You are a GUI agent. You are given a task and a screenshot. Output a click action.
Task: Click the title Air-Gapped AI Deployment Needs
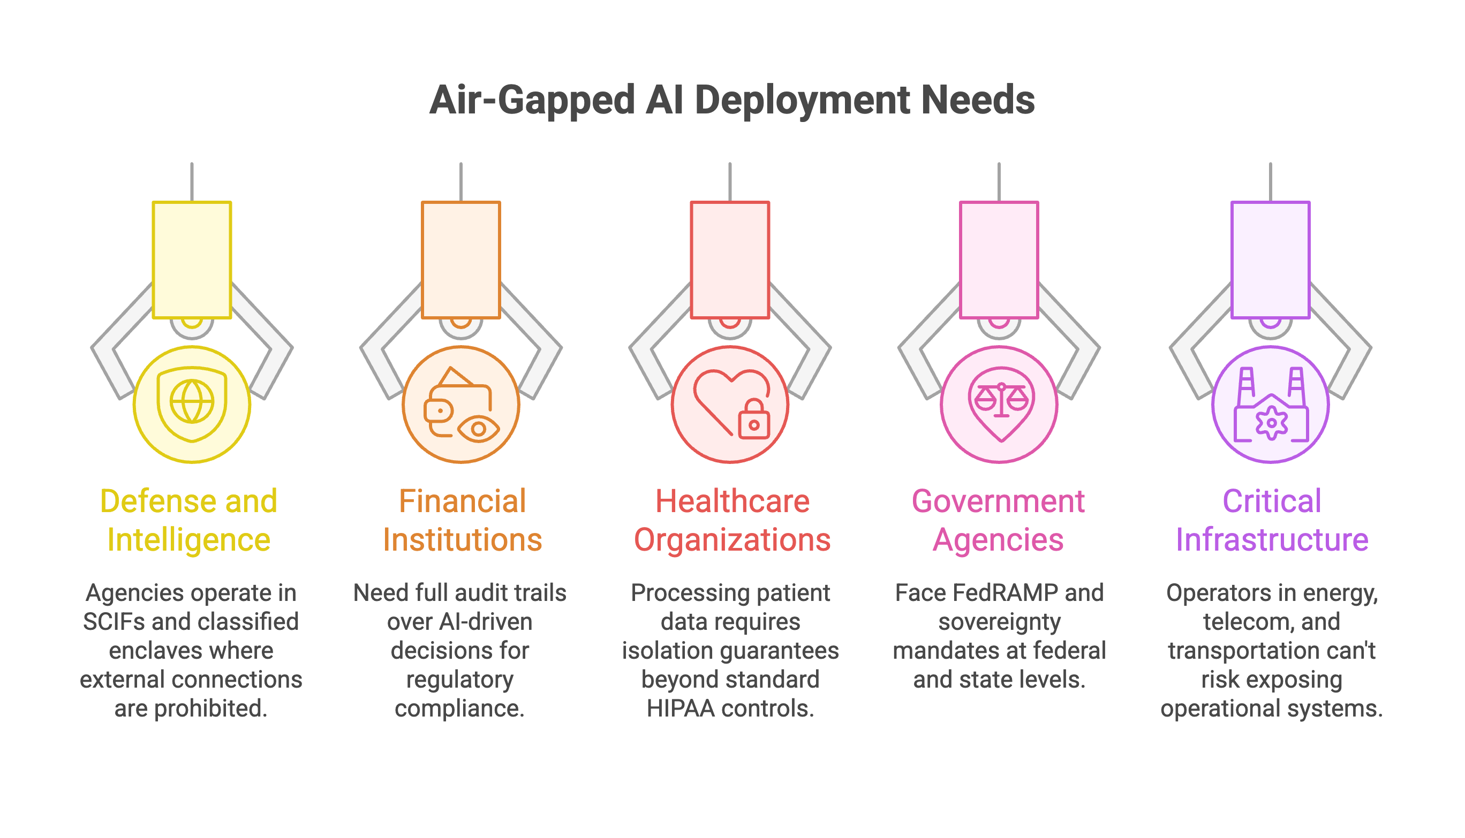(732, 100)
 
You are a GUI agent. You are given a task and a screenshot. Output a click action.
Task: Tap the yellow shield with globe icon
(192, 404)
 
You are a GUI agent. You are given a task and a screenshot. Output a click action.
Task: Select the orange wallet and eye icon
(460, 404)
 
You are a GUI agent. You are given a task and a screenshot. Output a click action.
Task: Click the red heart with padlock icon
(730, 404)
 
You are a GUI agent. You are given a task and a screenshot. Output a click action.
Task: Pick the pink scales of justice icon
(999, 404)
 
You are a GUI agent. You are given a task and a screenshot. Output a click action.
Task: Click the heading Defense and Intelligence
(189, 520)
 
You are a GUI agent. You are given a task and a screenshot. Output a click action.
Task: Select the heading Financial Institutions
(463, 520)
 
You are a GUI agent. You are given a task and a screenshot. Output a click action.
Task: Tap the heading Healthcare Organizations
(732, 520)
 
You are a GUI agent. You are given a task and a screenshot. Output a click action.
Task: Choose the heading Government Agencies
(998, 520)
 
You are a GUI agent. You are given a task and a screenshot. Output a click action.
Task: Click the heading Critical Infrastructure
(1272, 520)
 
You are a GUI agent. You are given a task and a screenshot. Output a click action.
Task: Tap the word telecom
(1238, 622)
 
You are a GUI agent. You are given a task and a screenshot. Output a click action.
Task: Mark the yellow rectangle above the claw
(192, 260)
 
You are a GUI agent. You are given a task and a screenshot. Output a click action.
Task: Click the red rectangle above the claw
(730, 260)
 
